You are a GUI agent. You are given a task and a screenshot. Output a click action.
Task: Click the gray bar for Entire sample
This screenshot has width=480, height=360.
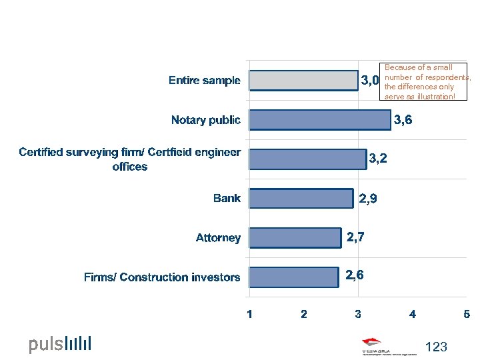click(303, 81)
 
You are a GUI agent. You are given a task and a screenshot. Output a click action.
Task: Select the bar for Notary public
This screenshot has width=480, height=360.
click(319, 120)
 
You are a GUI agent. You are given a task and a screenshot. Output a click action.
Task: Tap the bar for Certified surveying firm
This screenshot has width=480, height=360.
click(307, 159)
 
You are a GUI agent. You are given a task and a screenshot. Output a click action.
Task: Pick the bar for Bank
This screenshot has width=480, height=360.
click(301, 199)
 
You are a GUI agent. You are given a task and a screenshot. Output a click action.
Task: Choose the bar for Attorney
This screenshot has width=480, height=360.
click(295, 238)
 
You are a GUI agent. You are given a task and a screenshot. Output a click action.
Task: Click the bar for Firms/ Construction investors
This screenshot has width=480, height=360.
click(293, 277)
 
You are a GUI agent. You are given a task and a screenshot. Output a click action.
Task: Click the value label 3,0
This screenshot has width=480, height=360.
click(370, 81)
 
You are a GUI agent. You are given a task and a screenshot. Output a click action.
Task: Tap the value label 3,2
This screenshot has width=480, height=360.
click(379, 159)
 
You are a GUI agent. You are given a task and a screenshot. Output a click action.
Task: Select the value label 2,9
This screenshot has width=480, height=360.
click(369, 198)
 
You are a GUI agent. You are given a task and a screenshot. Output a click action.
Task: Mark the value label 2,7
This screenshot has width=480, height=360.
click(355, 236)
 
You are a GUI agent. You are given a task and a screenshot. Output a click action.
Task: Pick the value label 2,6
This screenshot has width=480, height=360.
click(354, 274)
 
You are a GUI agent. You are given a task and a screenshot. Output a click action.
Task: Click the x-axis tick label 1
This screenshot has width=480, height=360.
click(249, 314)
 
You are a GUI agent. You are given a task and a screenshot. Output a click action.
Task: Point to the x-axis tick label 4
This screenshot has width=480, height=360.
click(413, 314)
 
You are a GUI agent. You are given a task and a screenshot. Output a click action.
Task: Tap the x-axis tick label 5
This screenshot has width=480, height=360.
click(467, 314)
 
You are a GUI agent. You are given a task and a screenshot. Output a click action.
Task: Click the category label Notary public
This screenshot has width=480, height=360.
click(205, 120)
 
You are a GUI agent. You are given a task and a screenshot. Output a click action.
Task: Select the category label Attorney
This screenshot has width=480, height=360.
click(218, 238)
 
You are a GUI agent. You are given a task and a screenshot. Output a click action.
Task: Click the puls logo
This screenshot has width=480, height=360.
click(59, 344)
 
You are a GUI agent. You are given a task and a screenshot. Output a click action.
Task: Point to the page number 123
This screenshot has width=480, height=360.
click(435, 347)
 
